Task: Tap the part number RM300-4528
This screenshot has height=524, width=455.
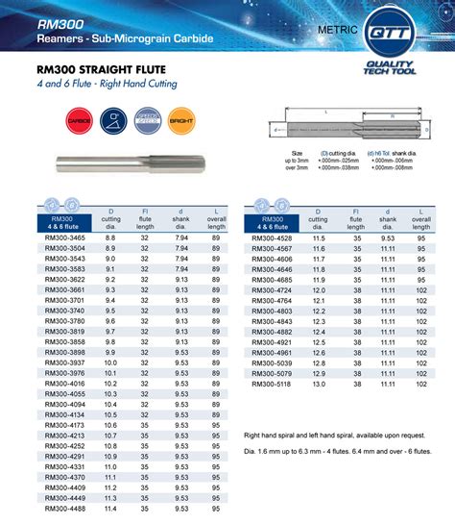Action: coord(272,237)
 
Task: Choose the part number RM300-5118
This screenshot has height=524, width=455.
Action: coord(272,386)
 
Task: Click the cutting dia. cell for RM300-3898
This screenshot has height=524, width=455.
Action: coord(110,352)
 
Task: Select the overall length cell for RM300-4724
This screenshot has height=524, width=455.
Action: coord(420,288)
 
